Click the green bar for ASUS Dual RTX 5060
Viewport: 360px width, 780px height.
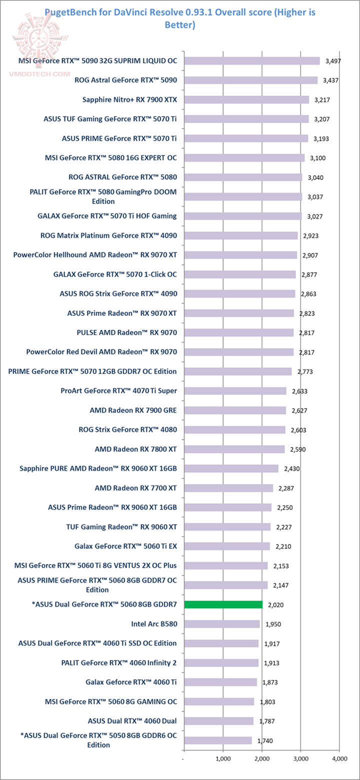(x=223, y=604)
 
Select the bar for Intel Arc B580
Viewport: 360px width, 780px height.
(x=222, y=624)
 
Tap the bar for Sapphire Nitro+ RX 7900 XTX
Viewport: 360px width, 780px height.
(x=246, y=99)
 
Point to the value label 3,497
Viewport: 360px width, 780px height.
(x=331, y=60)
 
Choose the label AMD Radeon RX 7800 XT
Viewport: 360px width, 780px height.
(x=135, y=449)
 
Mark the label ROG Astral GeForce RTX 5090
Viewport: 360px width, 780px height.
(x=125, y=80)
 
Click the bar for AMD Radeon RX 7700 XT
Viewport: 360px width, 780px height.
(x=228, y=488)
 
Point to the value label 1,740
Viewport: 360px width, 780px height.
(x=265, y=741)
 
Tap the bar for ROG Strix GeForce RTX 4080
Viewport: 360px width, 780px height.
(x=235, y=429)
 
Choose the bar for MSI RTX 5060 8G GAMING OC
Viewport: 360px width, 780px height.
(x=219, y=701)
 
